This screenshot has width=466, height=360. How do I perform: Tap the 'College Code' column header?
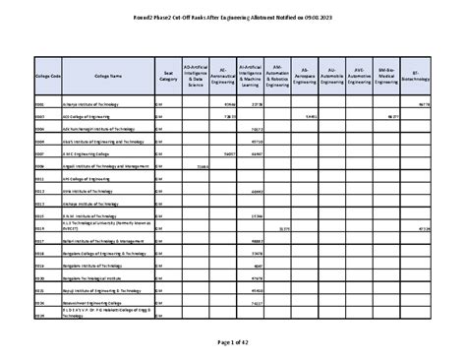pos(47,75)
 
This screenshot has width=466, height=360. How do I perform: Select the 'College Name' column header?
pos(108,75)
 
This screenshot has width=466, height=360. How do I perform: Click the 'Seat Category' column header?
pos(167,75)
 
